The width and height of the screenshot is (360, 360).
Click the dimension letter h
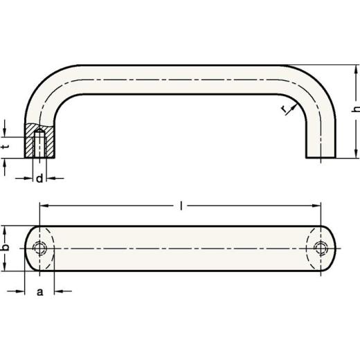click(x=354, y=111)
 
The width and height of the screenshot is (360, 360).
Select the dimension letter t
click(x=6, y=146)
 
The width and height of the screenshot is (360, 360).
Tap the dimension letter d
click(x=39, y=179)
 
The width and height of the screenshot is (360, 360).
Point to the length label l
click(x=181, y=206)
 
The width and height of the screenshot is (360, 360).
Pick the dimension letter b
click(x=6, y=248)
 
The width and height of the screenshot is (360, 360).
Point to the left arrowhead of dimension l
click(x=42, y=206)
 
